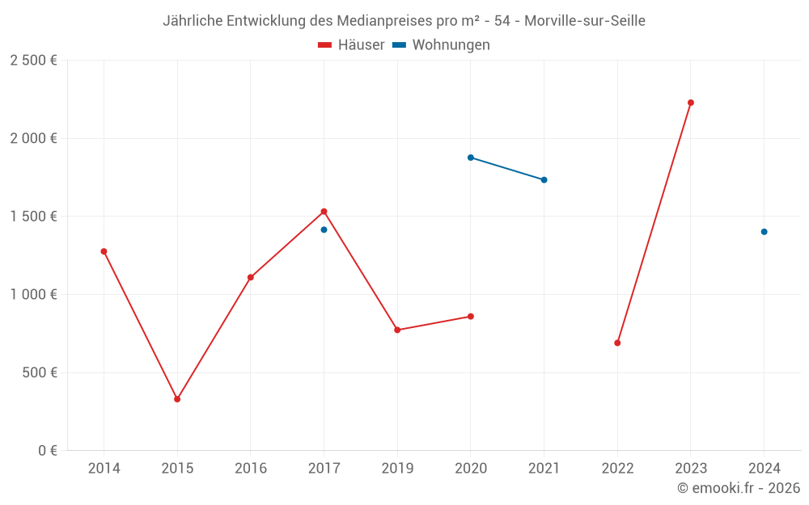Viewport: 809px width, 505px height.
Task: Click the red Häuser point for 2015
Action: click(177, 399)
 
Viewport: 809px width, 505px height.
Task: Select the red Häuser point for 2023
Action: click(691, 103)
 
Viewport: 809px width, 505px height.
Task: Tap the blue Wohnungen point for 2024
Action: click(764, 232)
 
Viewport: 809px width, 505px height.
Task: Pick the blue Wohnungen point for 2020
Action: click(471, 158)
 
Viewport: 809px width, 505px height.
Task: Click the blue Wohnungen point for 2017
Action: click(324, 229)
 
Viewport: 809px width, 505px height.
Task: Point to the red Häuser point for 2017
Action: click(324, 212)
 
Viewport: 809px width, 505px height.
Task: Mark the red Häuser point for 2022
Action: click(617, 343)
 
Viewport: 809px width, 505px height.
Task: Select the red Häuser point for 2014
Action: click(104, 251)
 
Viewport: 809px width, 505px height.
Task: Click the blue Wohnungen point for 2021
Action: click(544, 180)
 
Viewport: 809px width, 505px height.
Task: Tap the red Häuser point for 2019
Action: click(397, 330)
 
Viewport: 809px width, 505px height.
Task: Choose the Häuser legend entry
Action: click(351, 45)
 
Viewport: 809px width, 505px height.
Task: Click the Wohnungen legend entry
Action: click(442, 45)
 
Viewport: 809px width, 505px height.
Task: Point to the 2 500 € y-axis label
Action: click(33, 61)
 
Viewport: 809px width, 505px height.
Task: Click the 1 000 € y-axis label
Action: click(33, 295)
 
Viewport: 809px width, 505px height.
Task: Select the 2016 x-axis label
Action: click(251, 469)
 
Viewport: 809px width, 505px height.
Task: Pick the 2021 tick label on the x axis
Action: click(544, 469)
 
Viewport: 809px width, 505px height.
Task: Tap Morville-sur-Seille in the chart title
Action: click(584, 21)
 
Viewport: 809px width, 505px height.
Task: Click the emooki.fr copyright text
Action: click(738, 488)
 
